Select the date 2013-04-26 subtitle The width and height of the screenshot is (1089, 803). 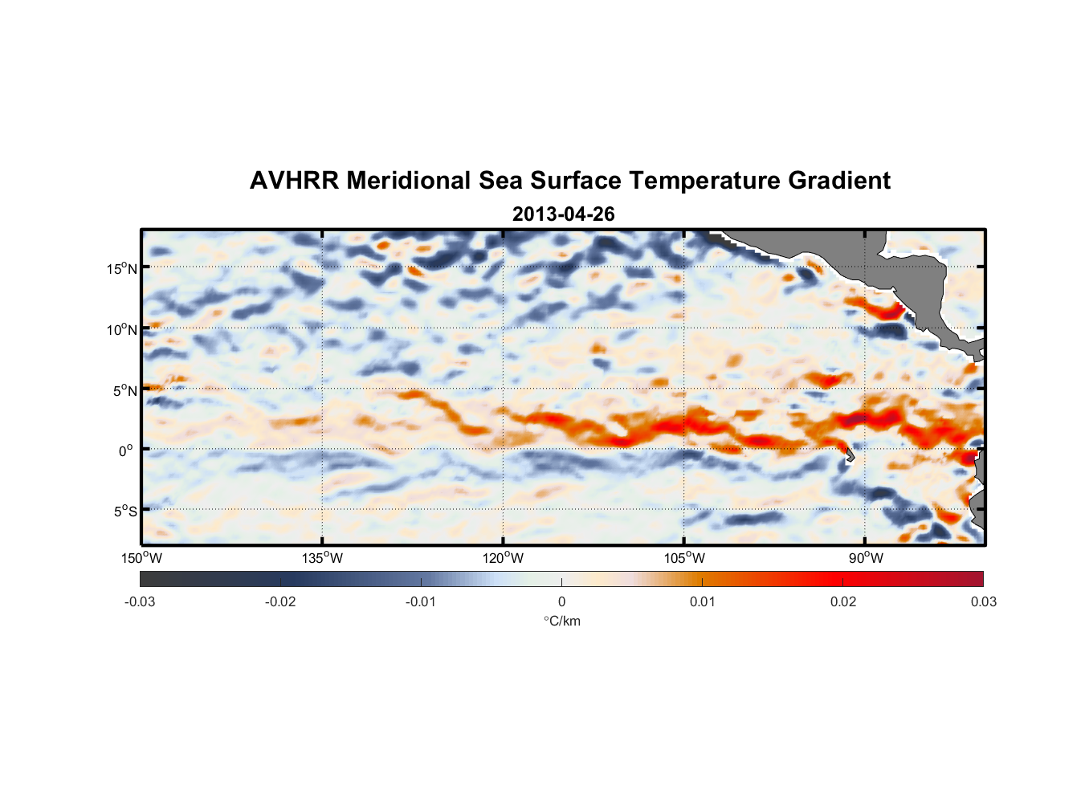coord(563,214)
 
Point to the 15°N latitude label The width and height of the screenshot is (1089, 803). coord(122,268)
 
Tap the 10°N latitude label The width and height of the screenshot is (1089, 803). coord(122,329)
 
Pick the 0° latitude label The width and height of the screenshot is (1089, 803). coord(126,450)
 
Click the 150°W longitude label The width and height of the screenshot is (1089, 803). coord(141,558)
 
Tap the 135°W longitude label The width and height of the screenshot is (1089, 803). coord(322,558)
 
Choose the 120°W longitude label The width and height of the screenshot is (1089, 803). coord(503,558)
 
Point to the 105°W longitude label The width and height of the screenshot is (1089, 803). coord(684,558)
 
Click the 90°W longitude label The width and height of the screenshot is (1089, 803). coord(866,558)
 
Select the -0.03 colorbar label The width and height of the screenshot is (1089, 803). coord(140,601)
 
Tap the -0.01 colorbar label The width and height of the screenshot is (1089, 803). coord(421,601)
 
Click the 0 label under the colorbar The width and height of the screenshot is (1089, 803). coord(561,601)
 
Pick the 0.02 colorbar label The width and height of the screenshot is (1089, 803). coord(843,601)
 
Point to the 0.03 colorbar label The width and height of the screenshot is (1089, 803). coord(983,601)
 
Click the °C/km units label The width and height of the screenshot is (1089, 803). coord(562,621)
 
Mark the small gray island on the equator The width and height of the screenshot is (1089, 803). coord(850,455)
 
